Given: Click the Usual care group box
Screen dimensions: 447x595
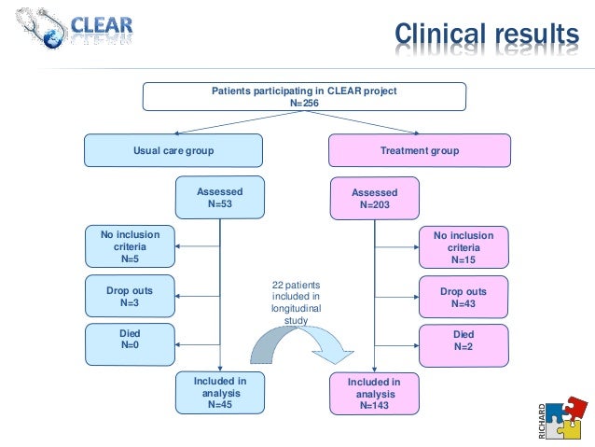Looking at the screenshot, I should (x=173, y=150).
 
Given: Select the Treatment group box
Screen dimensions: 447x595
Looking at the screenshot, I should (x=420, y=150).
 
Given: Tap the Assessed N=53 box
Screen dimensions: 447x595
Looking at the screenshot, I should (x=219, y=197).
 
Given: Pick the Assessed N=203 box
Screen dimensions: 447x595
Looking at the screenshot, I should (x=374, y=198).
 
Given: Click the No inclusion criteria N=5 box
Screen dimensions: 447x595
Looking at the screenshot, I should (x=131, y=247).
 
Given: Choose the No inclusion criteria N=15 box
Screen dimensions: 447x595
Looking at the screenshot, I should (x=464, y=247).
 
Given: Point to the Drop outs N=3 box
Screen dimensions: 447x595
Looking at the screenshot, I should (x=131, y=297).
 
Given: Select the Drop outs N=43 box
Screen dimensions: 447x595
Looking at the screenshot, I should (x=464, y=297).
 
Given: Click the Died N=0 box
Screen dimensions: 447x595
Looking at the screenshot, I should (x=131, y=344).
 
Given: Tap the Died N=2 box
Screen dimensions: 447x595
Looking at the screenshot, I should (x=464, y=345).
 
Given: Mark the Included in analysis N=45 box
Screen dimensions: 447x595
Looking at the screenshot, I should (x=219, y=393).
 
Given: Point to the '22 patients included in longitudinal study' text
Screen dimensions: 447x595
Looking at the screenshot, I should (x=295, y=301).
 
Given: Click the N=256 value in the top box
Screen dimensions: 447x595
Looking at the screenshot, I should (x=304, y=103).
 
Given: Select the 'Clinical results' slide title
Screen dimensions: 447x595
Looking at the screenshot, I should (x=485, y=35).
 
